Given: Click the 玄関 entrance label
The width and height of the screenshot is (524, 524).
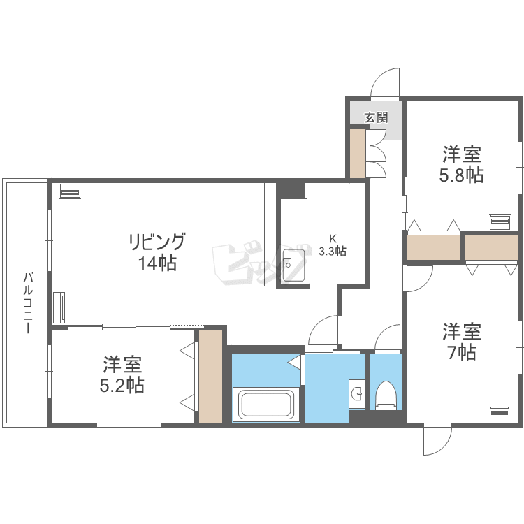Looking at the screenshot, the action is pos(376,117).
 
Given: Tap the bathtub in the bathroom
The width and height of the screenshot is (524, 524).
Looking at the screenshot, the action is pos(266,405).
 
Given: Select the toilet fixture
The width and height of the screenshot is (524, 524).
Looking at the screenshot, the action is pos(386,396).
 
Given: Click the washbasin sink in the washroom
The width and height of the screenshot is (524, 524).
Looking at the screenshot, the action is pos(357,393).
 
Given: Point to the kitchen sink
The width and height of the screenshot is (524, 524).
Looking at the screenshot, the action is pos(293,266).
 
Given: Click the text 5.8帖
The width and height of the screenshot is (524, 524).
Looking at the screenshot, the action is pos(461,175).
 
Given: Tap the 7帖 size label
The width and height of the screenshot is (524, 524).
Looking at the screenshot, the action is pos(462,352).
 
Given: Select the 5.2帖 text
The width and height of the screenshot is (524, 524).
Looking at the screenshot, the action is pos(122,385).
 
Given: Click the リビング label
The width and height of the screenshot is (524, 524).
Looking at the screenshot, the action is pos(157,242).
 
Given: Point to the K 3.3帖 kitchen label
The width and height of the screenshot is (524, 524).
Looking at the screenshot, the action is pos(333,245).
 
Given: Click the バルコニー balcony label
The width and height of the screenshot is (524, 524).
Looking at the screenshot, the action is pos(28,303).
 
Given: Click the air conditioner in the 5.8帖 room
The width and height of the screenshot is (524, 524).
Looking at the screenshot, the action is pos(500,221).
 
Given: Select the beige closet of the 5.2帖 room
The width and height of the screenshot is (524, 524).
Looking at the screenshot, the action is pos(210,376).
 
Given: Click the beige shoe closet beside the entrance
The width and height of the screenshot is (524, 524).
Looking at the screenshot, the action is pos(358,154).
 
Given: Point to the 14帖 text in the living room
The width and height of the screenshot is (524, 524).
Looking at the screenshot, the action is pos(157,263).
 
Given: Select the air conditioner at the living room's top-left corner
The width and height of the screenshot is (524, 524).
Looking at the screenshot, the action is pos(70,191).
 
